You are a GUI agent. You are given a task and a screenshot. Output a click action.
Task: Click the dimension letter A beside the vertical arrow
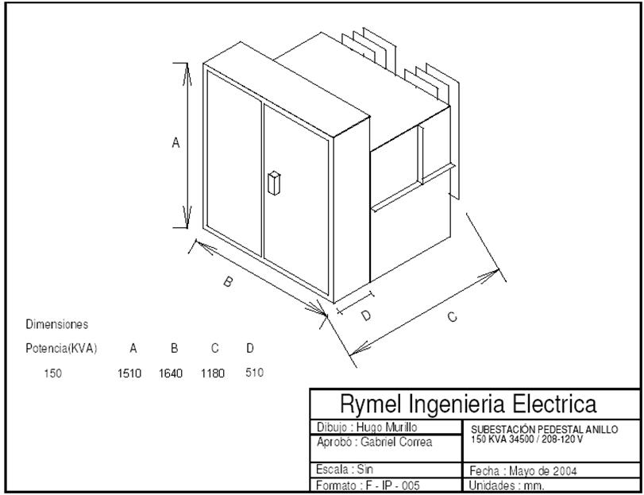point(176,143)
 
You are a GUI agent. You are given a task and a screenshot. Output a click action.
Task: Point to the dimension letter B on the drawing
point(227,282)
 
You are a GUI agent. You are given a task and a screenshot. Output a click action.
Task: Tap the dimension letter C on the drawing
point(451,317)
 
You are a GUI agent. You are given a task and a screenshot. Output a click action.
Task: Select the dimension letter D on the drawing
point(366,315)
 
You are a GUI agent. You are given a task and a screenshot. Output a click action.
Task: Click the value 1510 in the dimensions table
point(129,373)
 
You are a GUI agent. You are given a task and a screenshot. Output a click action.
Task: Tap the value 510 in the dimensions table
point(253,372)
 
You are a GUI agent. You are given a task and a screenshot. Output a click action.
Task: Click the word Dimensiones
point(57,324)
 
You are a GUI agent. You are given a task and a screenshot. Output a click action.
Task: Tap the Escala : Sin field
point(345,470)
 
